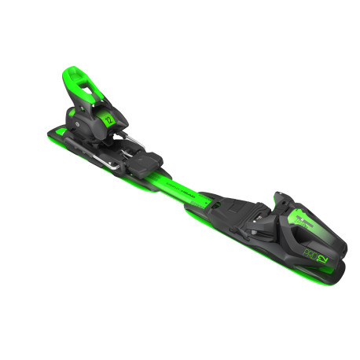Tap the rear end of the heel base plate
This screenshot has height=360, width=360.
click(55, 130)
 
